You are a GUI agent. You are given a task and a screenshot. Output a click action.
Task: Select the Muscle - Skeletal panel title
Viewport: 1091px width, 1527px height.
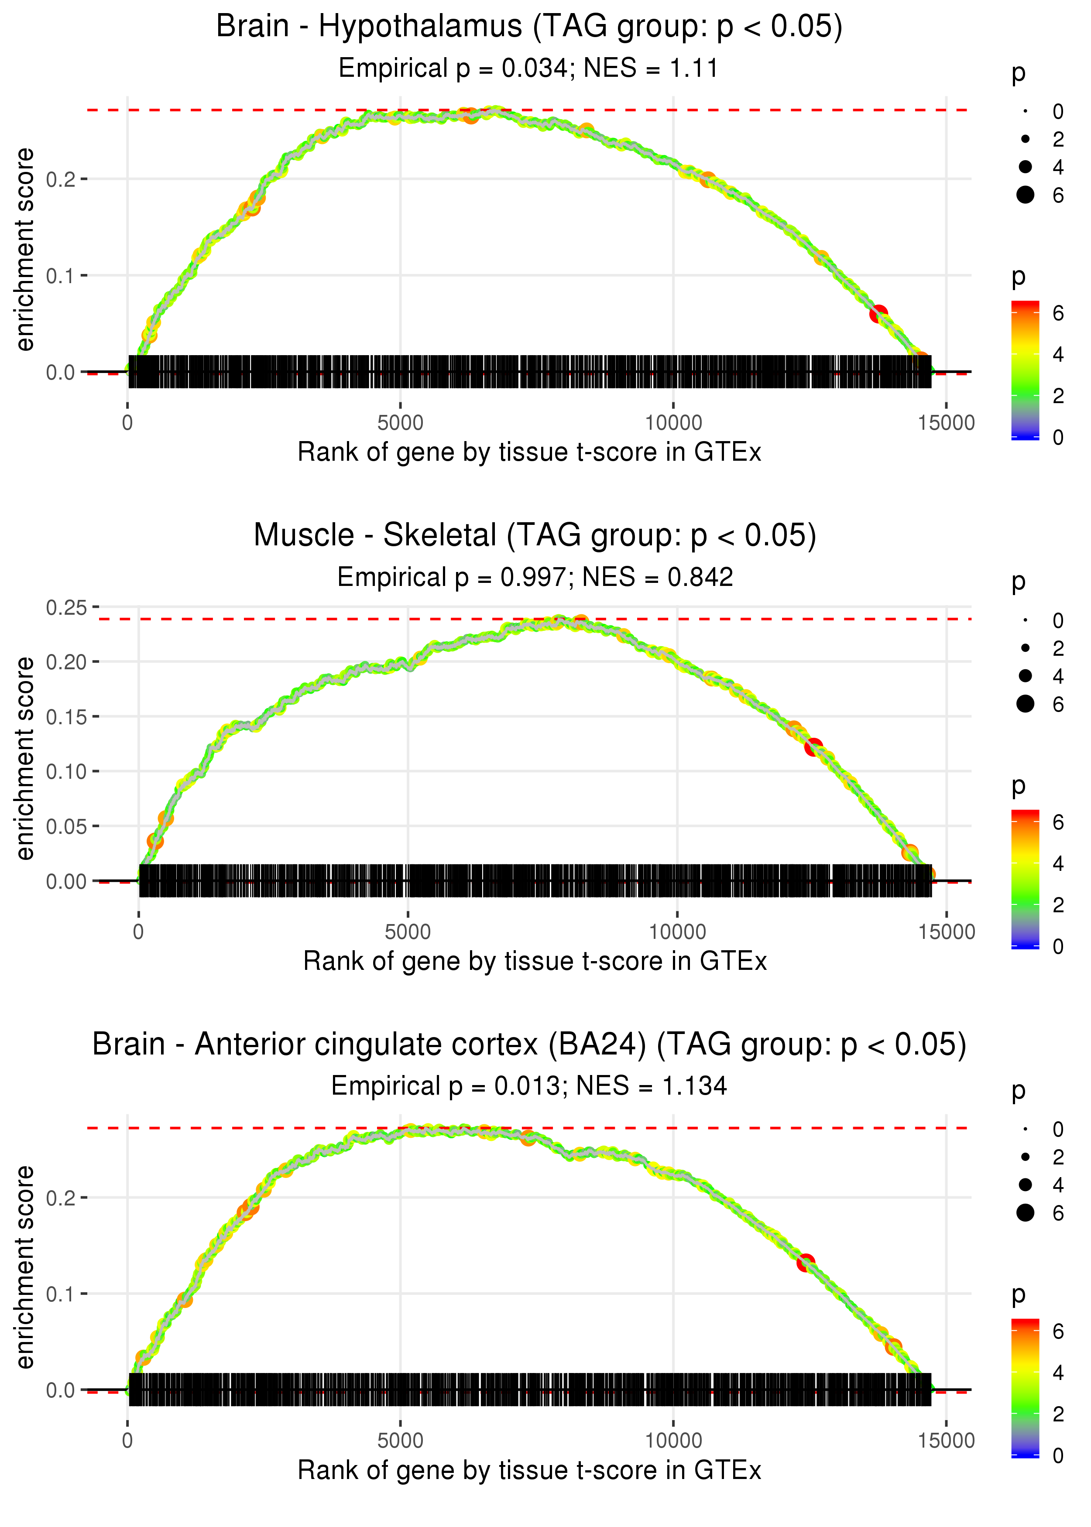(535, 536)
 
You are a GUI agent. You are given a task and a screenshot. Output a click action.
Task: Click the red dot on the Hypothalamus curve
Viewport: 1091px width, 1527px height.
(878, 314)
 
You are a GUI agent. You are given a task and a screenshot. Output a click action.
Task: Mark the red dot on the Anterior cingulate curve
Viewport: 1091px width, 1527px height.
(806, 1263)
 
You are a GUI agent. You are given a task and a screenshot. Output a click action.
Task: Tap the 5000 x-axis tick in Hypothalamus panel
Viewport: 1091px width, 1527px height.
(400, 423)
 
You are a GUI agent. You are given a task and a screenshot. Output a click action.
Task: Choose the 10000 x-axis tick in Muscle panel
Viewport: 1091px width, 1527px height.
(677, 932)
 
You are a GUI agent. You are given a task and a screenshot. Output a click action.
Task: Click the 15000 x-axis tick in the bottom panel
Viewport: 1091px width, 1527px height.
(946, 1441)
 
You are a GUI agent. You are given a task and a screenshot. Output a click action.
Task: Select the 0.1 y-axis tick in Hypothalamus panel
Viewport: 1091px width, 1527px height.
(61, 275)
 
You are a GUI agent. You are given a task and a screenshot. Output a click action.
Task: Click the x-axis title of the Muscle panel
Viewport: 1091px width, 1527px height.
(535, 961)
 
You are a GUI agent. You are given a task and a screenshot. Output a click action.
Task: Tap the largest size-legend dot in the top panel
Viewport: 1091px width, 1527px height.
(1025, 195)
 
